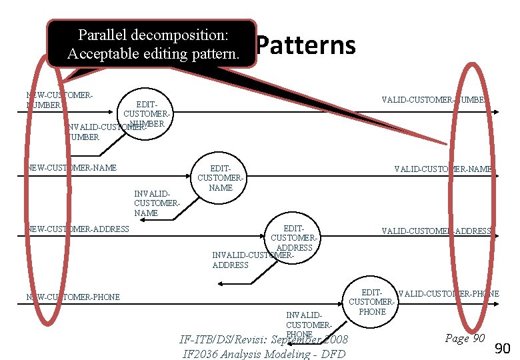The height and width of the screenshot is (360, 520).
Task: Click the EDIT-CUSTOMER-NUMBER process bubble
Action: [x=147, y=114]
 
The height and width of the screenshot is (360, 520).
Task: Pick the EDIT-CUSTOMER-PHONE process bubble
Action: [x=372, y=302]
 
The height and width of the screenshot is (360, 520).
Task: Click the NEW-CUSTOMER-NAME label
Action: [x=72, y=168]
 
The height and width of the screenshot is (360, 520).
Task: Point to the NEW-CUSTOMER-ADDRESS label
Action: [x=78, y=229]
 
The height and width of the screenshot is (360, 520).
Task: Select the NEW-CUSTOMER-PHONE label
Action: [x=73, y=297]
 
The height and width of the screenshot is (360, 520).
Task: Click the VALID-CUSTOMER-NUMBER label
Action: [x=436, y=100]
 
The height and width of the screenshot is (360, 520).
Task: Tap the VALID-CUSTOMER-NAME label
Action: [x=443, y=169]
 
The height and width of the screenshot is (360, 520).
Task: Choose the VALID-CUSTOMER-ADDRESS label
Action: [x=436, y=231]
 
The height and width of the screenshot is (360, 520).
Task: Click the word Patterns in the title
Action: [x=306, y=46]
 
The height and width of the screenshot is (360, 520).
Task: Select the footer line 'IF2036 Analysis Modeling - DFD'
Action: [x=263, y=353]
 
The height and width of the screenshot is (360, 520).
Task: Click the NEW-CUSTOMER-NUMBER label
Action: [x=59, y=100]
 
